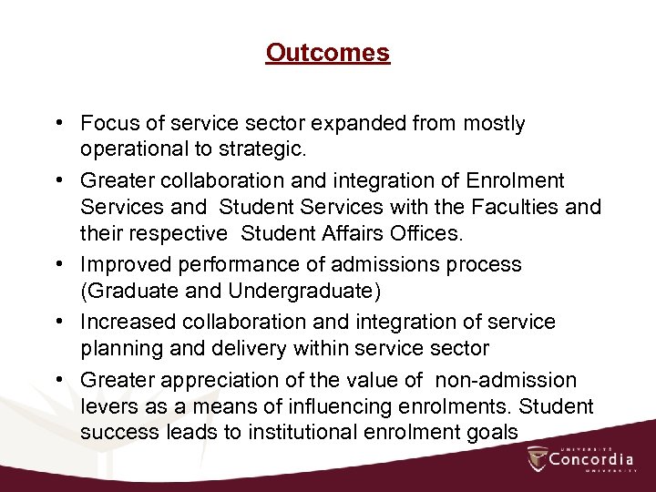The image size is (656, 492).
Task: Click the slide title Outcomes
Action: (x=328, y=53)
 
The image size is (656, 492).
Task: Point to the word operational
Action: (x=134, y=149)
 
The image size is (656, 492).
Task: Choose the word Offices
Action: (x=429, y=234)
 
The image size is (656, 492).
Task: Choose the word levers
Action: (x=107, y=405)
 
